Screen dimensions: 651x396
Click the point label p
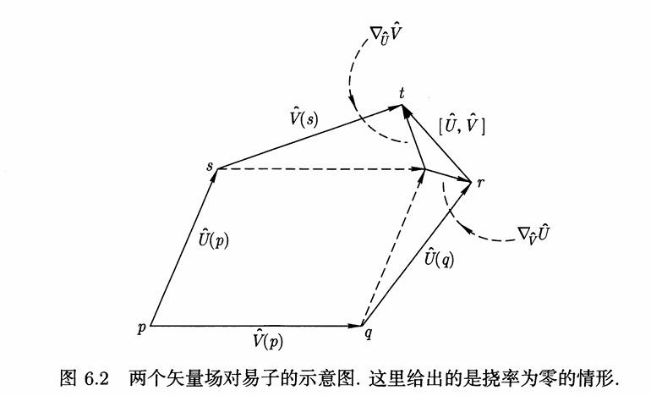pos(142,328)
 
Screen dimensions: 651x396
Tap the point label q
pos(369,333)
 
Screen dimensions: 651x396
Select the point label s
pos(210,166)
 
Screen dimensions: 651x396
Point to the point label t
pos(402,93)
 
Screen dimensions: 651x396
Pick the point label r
pos(480,182)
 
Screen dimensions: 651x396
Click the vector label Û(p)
pos(213,238)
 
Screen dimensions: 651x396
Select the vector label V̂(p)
pos(268,339)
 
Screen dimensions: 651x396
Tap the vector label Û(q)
pos(439,257)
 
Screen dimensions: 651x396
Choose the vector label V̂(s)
pos(304,118)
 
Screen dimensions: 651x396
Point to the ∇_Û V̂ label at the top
pos(386,35)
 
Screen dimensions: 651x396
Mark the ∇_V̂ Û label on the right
pos(533,234)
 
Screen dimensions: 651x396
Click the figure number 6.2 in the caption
pos(96,378)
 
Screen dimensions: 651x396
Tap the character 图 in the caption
pos(68,378)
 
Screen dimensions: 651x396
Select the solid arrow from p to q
pos(256,326)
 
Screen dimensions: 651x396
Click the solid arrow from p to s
pos(183,247)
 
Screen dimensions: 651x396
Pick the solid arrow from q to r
pos(417,254)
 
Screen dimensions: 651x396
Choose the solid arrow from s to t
pos(309,137)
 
